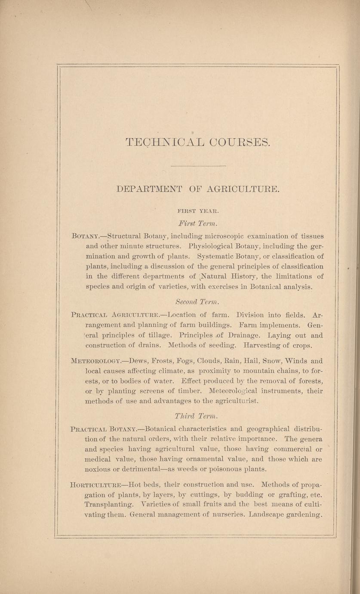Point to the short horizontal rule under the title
(198, 166)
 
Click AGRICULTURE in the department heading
(244, 189)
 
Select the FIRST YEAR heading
(198, 211)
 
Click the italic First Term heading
(198, 223)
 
